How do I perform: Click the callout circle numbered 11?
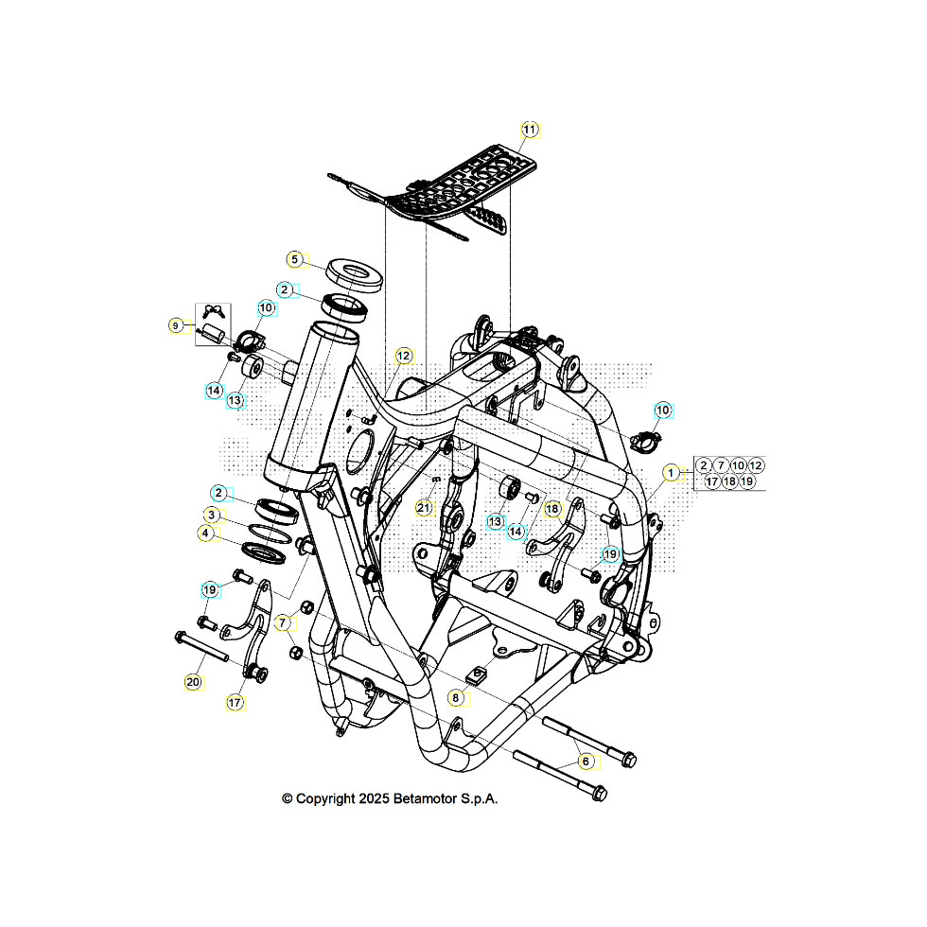(530, 129)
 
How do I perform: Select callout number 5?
(294, 259)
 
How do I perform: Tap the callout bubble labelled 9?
(176, 325)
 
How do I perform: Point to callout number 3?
(212, 515)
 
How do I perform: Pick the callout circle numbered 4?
(205, 533)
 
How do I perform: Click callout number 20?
(193, 681)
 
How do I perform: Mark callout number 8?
(456, 698)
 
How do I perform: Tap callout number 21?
(424, 508)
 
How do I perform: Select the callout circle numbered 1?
(671, 472)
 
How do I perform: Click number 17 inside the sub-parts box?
(711, 481)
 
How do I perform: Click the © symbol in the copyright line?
(288, 798)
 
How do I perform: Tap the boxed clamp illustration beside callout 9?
(212, 324)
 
